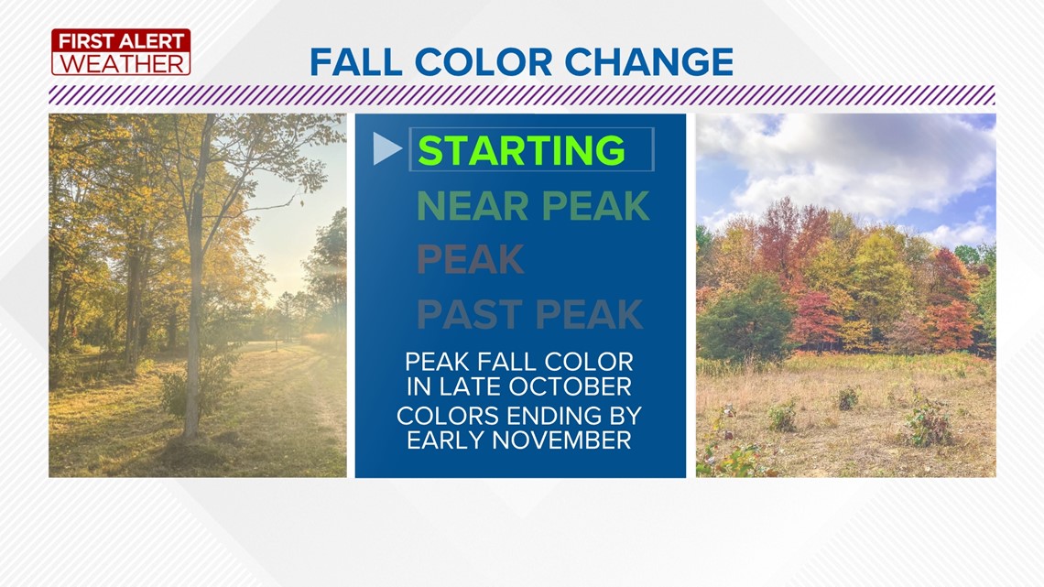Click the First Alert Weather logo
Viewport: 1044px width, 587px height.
[x=121, y=52]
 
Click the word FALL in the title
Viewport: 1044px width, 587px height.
[x=355, y=62]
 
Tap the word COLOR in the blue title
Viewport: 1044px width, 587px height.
[x=483, y=62]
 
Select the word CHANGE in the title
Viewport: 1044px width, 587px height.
[x=649, y=62]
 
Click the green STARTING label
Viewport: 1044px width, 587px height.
[x=521, y=150]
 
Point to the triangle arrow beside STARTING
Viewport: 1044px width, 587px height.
[x=386, y=148]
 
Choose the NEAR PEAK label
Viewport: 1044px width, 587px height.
[x=533, y=206]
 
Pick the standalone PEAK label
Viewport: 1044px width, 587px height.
[x=470, y=259]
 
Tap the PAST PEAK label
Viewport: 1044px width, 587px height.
[x=530, y=314]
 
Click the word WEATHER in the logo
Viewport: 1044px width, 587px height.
[x=122, y=64]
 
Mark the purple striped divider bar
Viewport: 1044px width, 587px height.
[x=522, y=95]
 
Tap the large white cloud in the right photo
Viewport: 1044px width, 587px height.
[x=859, y=167]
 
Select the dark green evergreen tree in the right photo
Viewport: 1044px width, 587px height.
[x=745, y=320]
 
